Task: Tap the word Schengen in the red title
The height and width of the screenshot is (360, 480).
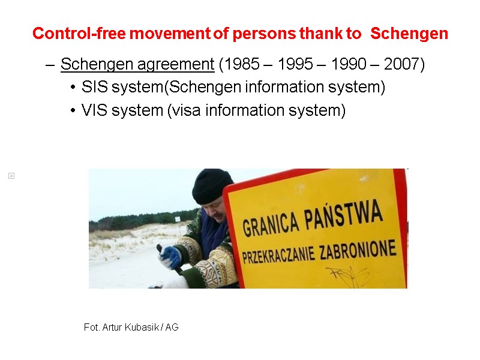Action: [409, 34]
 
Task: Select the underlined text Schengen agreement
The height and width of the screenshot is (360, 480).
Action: [137, 64]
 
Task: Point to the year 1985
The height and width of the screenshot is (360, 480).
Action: [247, 64]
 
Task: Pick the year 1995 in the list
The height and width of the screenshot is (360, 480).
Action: [298, 64]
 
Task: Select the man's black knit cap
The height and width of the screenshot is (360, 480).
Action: [212, 186]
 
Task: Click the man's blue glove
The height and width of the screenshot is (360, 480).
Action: [170, 257]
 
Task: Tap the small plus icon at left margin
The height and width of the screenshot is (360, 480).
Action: [11, 176]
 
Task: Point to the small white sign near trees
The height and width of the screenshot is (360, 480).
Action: [178, 218]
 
